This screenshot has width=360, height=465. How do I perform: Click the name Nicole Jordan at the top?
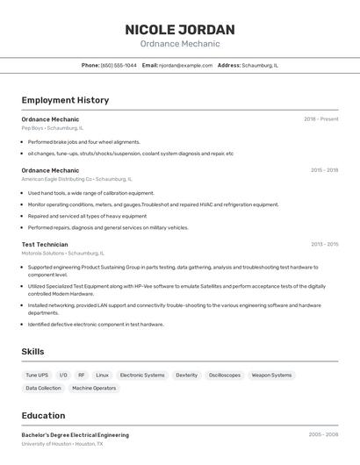pyautogui.click(x=180, y=29)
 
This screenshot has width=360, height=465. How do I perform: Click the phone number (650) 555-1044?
pyautogui.click(x=119, y=65)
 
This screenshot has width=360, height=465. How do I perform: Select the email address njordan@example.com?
pyautogui.click(x=186, y=65)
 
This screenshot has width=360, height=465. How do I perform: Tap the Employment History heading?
pyautogui.click(x=65, y=100)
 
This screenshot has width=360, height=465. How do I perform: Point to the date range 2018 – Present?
pyautogui.click(x=320, y=119)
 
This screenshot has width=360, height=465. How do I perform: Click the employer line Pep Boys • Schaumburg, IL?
pyautogui.click(x=53, y=128)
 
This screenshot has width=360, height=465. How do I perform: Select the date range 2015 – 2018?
pyautogui.click(x=324, y=170)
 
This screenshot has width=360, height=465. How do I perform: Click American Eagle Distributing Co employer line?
pyautogui.click(x=76, y=179)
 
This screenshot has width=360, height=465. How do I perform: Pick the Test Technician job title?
pyautogui.click(x=45, y=245)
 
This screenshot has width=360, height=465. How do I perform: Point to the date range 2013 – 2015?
pyautogui.click(x=324, y=245)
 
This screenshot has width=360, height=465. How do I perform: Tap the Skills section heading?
pyautogui.click(x=33, y=352)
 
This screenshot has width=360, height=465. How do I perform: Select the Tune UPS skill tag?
pyautogui.click(x=37, y=375)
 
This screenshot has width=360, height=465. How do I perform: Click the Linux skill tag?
pyautogui.click(x=103, y=375)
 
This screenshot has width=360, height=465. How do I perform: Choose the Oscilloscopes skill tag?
pyautogui.click(x=224, y=375)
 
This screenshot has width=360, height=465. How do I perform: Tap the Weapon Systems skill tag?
pyautogui.click(x=271, y=375)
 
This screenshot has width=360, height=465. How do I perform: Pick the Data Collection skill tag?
pyautogui.click(x=43, y=388)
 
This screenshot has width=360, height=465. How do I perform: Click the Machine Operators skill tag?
pyautogui.click(x=94, y=388)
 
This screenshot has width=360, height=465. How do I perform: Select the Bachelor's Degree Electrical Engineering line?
pyautogui.click(x=76, y=435)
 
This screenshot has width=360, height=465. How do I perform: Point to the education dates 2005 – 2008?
pyautogui.click(x=323, y=435)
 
